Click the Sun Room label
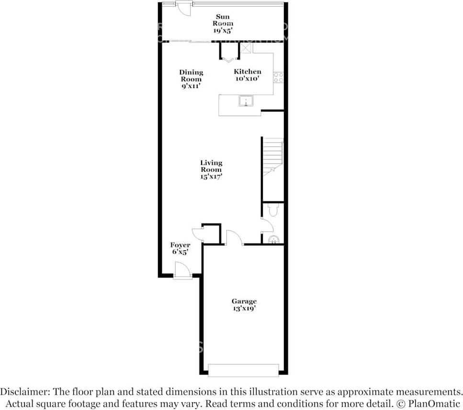223,23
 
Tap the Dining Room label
191,79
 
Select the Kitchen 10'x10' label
248,75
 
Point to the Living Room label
211,170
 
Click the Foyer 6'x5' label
180,248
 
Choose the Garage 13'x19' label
244,305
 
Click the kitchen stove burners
279,78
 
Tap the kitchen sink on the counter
246,100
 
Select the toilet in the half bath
273,210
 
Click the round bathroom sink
274,240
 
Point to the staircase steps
273,157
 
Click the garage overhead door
243,370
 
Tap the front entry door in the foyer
182,270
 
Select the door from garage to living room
235,237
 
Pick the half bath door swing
267,225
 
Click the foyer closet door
197,235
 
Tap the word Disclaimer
25,392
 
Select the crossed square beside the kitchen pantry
246,48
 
